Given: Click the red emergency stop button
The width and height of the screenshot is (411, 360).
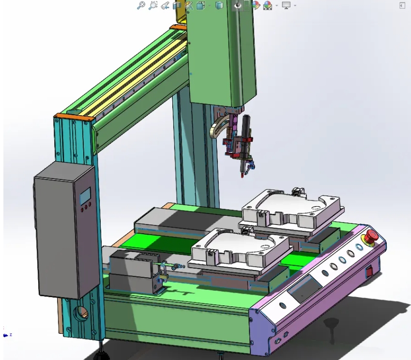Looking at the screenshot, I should [x=371, y=236].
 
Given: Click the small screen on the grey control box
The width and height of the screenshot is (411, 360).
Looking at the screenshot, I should [x=85, y=196].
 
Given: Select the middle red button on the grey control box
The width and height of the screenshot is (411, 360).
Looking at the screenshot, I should [x=85, y=207].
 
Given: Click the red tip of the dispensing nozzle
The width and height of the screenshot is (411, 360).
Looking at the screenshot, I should [x=242, y=176].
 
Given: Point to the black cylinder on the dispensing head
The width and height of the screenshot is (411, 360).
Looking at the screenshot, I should [x=246, y=127].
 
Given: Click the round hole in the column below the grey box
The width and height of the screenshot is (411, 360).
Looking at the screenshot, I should [x=80, y=314].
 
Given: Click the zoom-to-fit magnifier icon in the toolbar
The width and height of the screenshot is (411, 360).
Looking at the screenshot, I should [x=141, y=5].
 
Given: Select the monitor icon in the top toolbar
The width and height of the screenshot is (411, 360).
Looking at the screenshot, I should [x=286, y=5].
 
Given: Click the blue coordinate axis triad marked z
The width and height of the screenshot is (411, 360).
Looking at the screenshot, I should [x=6, y=334].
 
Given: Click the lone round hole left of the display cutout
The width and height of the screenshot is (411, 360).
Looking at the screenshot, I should [x=283, y=306].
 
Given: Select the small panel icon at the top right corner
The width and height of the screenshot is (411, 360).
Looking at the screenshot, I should [x=402, y=5].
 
